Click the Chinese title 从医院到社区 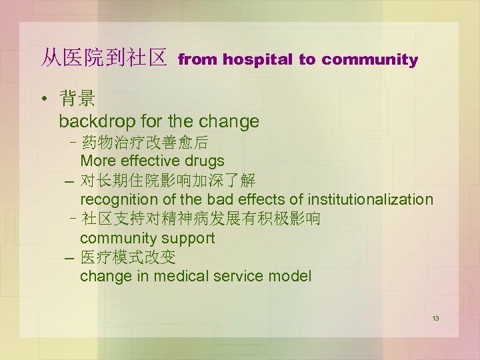pos(103,59)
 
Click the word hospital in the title pos(257,60)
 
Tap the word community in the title pos(369,60)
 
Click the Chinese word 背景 pos(77,100)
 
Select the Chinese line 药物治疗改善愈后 pos(144,142)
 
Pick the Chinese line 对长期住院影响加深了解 pos(167,181)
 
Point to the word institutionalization pos(370,199)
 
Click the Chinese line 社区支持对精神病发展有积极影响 pos(200,219)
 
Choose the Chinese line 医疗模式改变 pos(127,257)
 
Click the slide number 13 pos(435,319)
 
